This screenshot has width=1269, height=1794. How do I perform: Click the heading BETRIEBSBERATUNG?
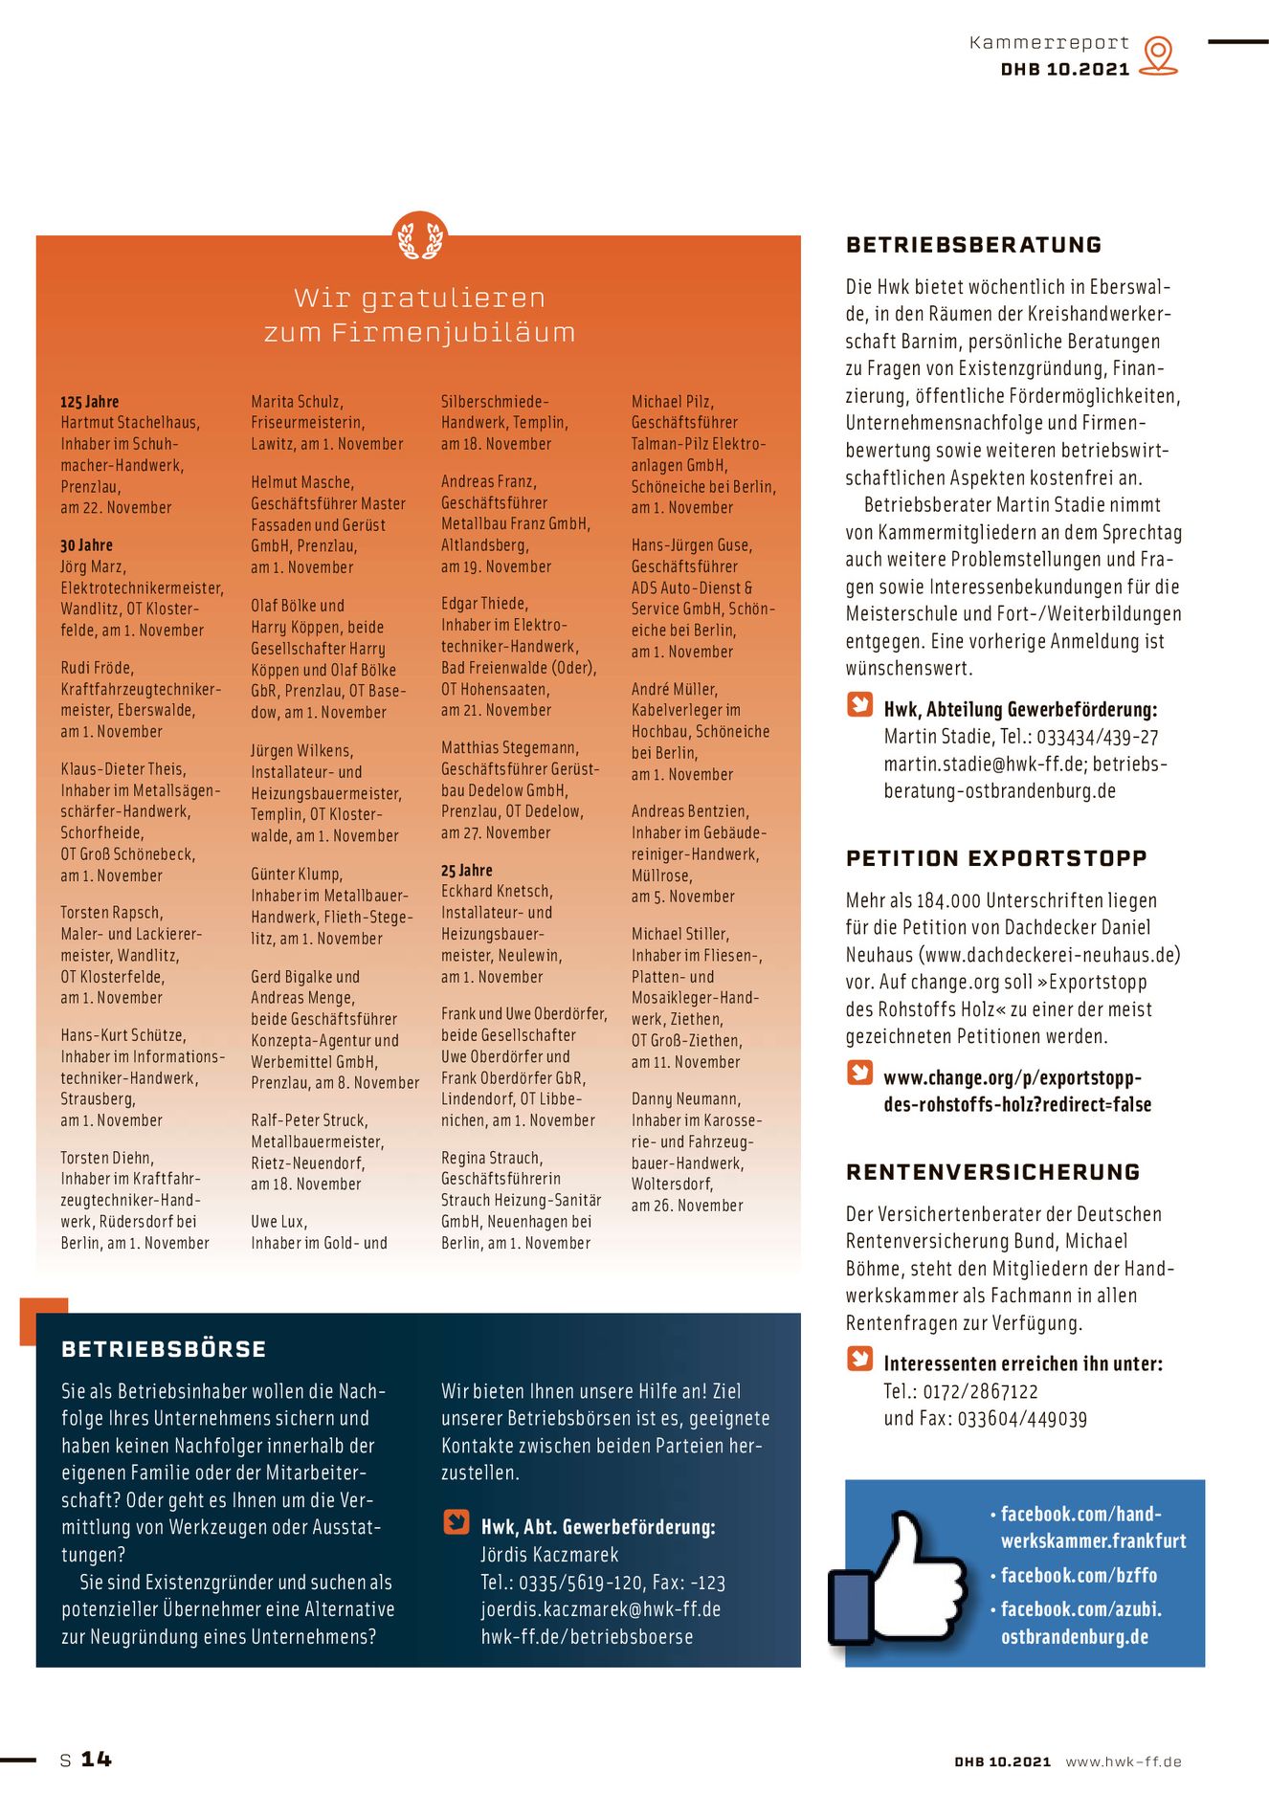pyautogui.click(x=973, y=245)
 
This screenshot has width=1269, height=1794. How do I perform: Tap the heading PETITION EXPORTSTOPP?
pyautogui.click(x=995, y=858)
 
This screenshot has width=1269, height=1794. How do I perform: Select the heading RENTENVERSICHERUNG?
pyautogui.click(x=992, y=1172)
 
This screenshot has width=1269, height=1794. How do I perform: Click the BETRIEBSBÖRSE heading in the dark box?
pyautogui.click(x=164, y=1349)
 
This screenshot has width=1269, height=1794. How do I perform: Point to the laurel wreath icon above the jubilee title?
pyautogui.click(x=420, y=238)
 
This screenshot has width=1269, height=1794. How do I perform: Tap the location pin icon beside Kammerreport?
pyautogui.click(x=1159, y=55)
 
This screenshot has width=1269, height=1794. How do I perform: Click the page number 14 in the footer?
pyautogui.click(x=96, y=1759)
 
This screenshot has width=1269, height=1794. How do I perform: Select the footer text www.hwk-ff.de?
pyautogui.click(x=1124, y=1761)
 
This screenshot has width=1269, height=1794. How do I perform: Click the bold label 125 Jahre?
pyautogui.click(x=90, y=402)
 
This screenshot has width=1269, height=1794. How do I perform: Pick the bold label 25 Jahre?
pyautogui.click(x=467, y=871)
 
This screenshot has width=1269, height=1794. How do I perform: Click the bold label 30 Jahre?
pyautogui.click(x=86, y=545)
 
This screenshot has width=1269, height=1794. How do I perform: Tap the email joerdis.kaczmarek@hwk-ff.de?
pyautogui.click(x=600, y=1609)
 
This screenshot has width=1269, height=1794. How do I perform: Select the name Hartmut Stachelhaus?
pyautogui.click(x=130, y=423)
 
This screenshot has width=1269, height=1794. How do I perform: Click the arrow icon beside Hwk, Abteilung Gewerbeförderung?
pyautogui.click(x=859, y=705)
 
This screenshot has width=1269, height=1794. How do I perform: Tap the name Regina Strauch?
pyautogui.click(x=491, y=1158)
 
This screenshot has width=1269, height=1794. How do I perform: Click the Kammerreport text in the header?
pyautogui.click(x=1049, y=43)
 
